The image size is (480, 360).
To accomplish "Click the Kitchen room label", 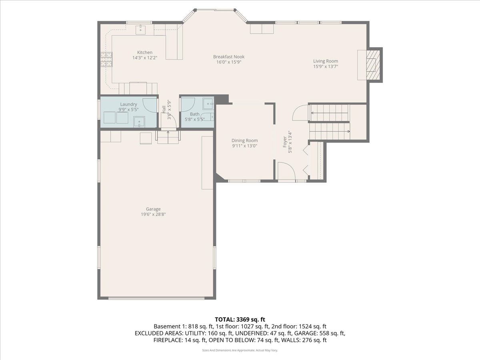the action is coord(145,52).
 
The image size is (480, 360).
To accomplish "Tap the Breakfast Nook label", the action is coord(229,57).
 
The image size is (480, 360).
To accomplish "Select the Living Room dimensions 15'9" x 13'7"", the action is coord(326,66).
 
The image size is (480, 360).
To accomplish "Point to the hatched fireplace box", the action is coord(373,65).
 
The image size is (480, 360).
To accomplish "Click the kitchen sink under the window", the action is coord(141,30).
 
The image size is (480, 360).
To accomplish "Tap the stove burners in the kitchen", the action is coord(106,60).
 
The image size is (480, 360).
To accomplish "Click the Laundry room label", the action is coord(128,104).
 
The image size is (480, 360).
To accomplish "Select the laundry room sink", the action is coord(139,122).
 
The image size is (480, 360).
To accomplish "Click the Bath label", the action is coord(195,114).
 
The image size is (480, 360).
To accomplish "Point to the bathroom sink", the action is coord(208,104).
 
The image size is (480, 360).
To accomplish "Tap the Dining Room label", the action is coord(244,140).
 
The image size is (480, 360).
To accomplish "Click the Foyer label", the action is coord(285,142).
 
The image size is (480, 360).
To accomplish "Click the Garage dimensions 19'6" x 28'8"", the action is coord(153,214).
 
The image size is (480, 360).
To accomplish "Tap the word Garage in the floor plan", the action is coord(153,209).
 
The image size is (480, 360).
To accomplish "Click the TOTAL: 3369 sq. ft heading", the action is coord(240,320).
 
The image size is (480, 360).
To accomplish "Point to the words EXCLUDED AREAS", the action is coord(158,333).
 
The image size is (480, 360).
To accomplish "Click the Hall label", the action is coord(164,110).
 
